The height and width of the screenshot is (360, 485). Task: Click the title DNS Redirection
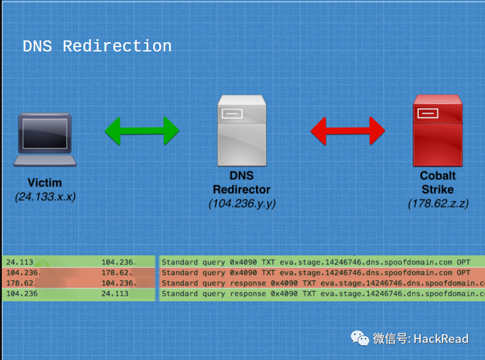click(97, 47)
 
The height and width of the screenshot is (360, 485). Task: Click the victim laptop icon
click(45, 139)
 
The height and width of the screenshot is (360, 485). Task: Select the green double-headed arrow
click(141, 130)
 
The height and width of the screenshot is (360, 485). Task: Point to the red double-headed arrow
click(347, 130)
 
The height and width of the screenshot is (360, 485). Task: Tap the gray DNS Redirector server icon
click(241, 130)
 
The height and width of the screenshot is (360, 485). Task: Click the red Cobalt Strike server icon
click(437, 130)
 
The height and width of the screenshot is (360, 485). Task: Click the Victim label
click(45, 182)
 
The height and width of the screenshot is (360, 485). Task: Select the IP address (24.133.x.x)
click(45, 197)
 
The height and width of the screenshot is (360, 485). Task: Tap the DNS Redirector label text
click(241, 182)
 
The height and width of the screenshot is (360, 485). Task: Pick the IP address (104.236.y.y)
click(241, 203)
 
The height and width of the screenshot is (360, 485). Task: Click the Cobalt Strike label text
click(438, 182)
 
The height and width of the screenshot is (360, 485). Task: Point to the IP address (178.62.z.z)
click(438, 203)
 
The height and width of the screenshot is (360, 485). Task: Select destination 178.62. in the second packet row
click(115, 272)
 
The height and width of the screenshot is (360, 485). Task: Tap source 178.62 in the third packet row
click(18, 283)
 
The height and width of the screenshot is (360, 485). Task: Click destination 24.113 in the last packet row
click(115, 294)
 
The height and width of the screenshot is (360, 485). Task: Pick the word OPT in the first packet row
click(464, 262)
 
